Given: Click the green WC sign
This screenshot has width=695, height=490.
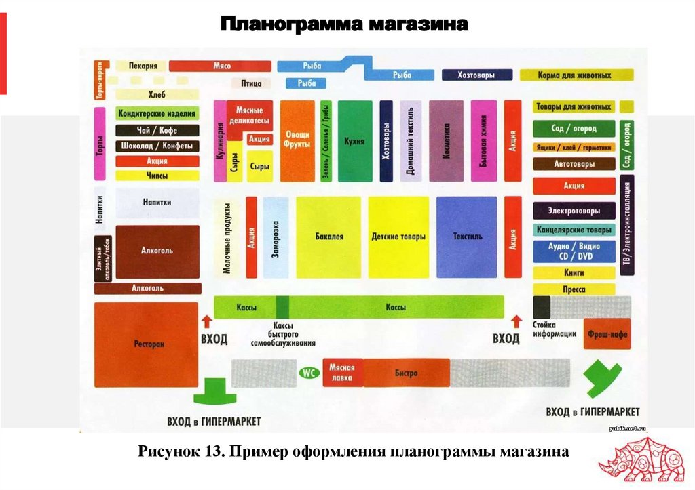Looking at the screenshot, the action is pos(309,373).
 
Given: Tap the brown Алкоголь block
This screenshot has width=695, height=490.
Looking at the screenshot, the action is pos(157,251).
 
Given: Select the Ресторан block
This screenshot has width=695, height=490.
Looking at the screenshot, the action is pos(146,344).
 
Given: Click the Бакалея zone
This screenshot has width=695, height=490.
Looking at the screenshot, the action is pos(328,237).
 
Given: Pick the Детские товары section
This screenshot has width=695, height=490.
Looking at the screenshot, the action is pos(398,237).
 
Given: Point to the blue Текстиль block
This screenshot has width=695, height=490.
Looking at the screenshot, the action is pos(468,237).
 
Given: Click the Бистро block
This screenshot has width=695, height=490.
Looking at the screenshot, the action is pos(407,373).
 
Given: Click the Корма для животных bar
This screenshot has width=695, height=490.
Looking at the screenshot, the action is pos(577,75).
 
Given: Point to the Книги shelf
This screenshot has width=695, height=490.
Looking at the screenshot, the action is pos(574,272).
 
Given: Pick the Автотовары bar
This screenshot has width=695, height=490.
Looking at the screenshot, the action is pos(574,164).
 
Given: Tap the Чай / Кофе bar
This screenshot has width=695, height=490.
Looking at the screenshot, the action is pos(157,130).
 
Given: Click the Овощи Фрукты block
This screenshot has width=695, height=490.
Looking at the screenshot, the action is pos(297,141).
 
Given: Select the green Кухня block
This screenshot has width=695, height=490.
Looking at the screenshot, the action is pos(355,141).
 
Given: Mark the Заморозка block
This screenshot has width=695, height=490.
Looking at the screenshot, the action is pos(276,237).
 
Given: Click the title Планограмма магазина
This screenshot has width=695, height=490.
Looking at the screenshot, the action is pos(344,26).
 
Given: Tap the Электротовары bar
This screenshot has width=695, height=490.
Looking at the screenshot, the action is pos(574,210).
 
